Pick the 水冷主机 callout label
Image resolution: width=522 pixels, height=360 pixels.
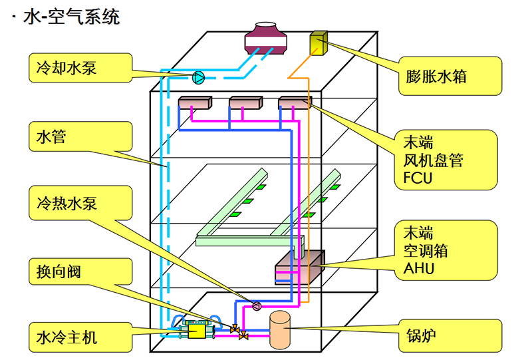[67, 337]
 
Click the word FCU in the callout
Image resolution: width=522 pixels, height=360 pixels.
[418, 177]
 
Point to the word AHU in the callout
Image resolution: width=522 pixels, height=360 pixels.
[418, 268]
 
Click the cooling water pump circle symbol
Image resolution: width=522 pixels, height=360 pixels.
[198, 77]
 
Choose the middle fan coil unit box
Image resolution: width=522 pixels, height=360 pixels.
[246, 102]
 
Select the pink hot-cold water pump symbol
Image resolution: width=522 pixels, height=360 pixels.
[256, 306]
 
